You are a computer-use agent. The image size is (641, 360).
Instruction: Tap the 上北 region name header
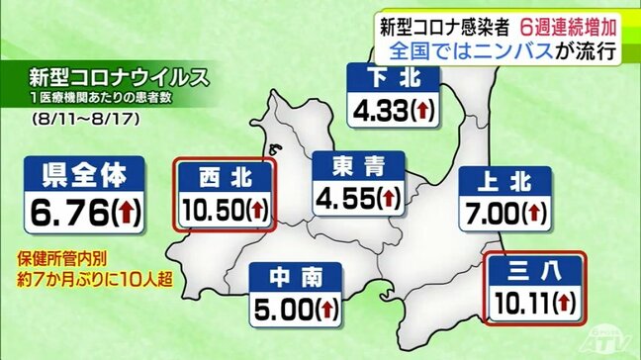505,180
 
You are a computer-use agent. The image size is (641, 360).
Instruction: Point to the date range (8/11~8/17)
72,119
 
